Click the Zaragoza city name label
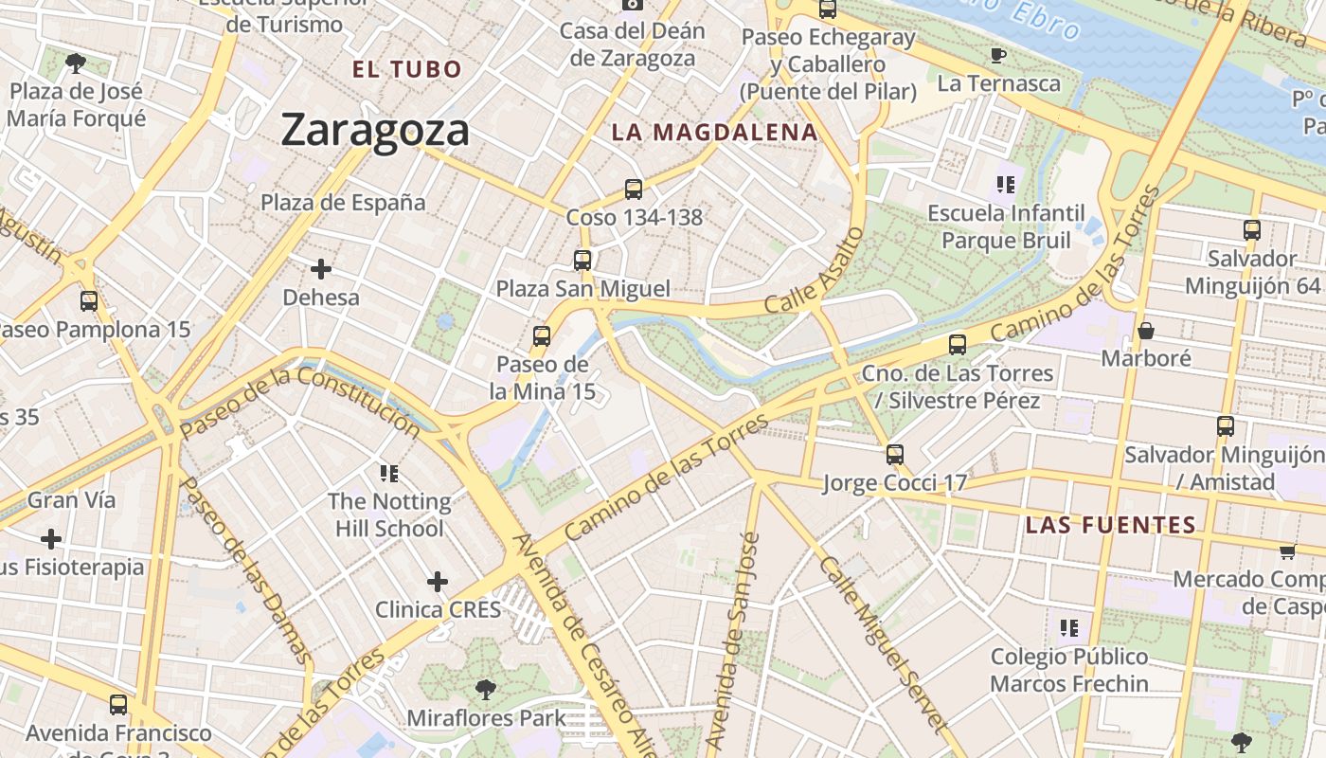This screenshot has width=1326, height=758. (x=375, y=130)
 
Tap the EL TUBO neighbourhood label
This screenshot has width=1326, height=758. (x=406, y=69)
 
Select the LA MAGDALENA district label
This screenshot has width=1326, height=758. (x=714, y=133)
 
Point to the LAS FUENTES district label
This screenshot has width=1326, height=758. (x=1111, y=525)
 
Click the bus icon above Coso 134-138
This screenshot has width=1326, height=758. (x=634, y=189)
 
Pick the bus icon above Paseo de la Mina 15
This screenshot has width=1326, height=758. (x=542, y=336)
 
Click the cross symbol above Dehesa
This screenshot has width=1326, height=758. (x=321, y=269)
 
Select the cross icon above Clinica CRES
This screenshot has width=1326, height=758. (x=437, y=581)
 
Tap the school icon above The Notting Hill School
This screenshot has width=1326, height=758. (x=388, y=473)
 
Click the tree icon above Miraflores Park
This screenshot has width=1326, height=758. (x=486, y=689)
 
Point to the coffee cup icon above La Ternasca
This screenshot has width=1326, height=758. (x=997, y=56)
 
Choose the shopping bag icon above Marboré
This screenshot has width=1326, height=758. (x=1146, y=331)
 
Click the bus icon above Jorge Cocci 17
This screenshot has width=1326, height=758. (x=895, y=455)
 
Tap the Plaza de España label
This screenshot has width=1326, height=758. (x=343, y=203)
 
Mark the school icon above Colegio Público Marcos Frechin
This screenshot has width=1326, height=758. (x=1069, y=627)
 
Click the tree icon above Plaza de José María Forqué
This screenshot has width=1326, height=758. (x=76, y=63)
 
